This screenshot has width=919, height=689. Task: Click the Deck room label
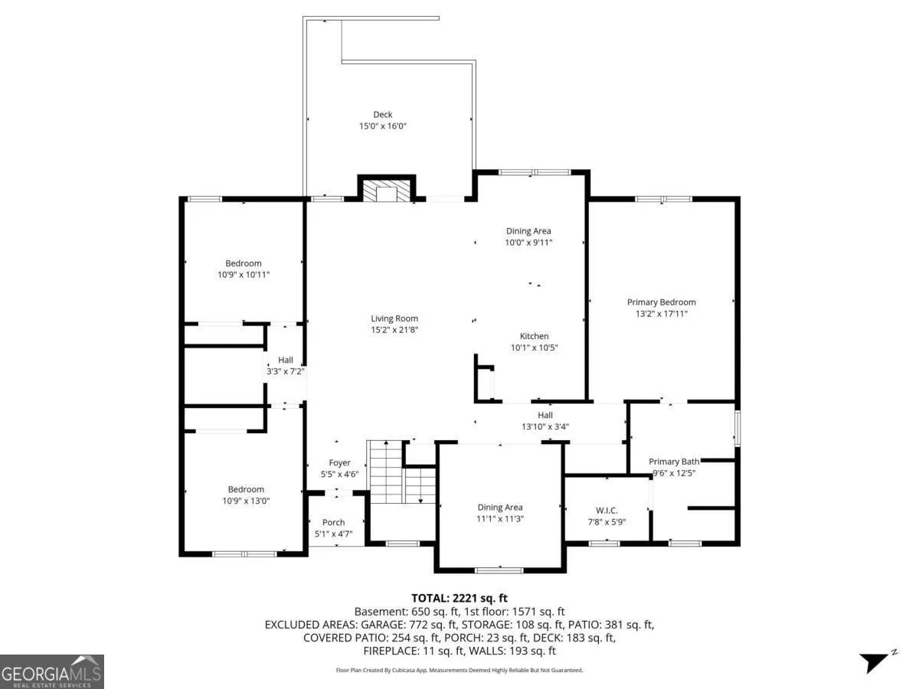[x=383, y=114]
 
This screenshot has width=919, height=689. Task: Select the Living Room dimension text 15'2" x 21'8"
[x=394, y=330]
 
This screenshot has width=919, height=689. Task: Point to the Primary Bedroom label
[x=661, y=302]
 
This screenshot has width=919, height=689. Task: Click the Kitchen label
[x=535, y=336]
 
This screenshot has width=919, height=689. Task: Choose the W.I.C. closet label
[x=607, y=511]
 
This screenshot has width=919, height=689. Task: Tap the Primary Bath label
[x=674, y=462]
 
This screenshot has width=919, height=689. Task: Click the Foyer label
[x=339, y=462]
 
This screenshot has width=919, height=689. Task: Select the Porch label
[x=334, y=522]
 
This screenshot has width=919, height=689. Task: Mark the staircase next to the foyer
[x=401, y=472]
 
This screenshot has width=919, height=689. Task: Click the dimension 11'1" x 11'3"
[x=500, y=519]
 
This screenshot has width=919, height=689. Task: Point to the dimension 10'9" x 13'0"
[x=246, y=501]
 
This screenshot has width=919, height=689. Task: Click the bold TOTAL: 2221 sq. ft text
[x=459, y=598]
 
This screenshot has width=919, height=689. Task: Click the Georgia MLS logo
[x=52, y=671]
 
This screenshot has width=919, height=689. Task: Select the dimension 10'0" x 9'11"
[x=528, y=242]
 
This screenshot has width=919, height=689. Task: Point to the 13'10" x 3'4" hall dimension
[x=545, y=426]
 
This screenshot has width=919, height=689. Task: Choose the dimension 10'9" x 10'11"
[x=244, y=275]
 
